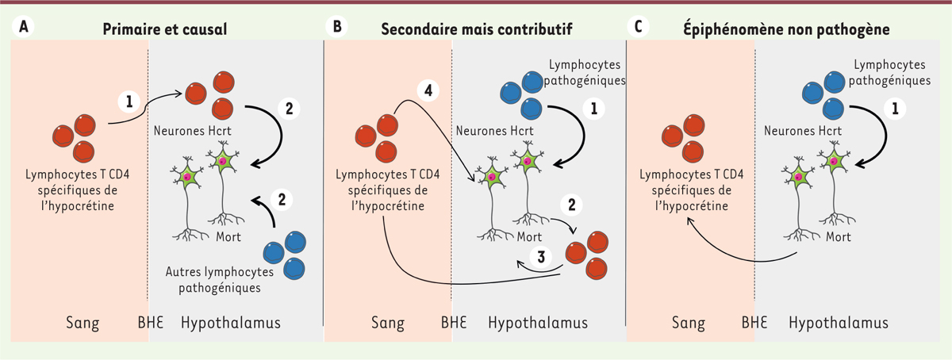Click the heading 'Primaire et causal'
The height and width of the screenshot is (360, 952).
click(165, 29)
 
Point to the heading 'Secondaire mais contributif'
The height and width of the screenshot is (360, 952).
click(477, 29)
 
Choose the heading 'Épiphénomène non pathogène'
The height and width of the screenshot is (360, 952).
click(786, 29)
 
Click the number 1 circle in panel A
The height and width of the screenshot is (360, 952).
click(127, 101)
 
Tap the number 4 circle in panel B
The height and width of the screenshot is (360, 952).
click(428, 90)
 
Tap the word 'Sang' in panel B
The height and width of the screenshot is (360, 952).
click(388, 323)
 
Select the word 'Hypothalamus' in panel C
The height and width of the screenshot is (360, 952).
click(839, 323)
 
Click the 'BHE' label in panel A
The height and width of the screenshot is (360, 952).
click(148, 323)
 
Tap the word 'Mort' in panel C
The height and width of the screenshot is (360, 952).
click(831, 237)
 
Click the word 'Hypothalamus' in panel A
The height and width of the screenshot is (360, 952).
click(231, 323)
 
